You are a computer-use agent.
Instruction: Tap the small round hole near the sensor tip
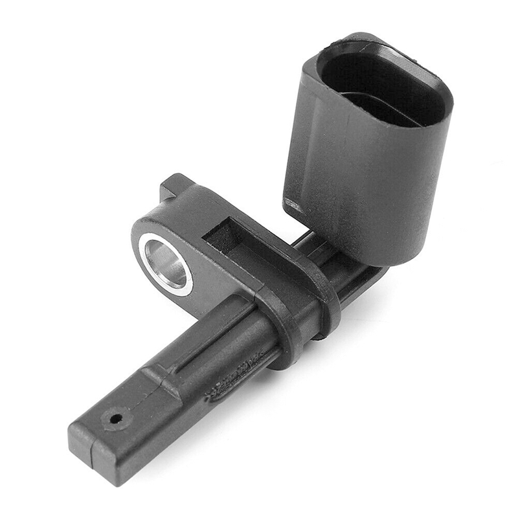click(x=117, y=419)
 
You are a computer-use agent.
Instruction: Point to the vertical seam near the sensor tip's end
click(x=94, y=456)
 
